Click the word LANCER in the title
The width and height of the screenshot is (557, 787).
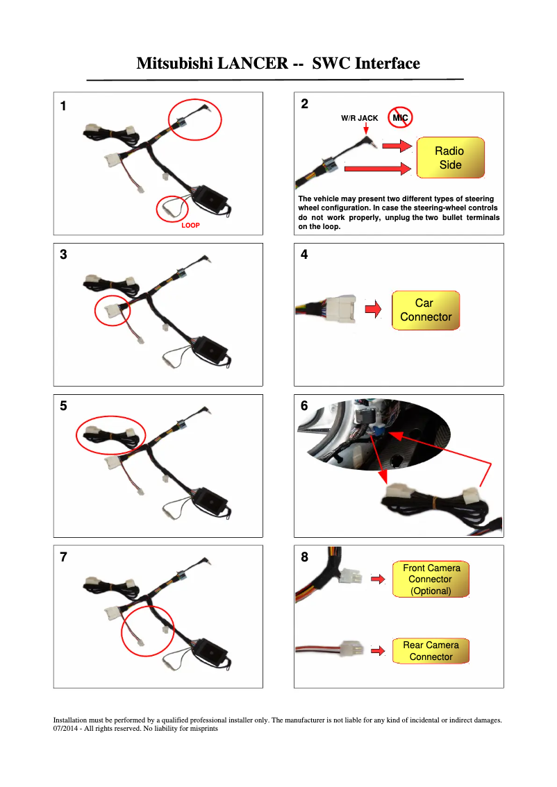pos(252,64)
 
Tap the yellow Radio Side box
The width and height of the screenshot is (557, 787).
pos(450,158)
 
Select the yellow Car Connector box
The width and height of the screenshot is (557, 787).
pos(425,310)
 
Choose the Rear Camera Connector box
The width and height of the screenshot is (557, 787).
pos(431,651)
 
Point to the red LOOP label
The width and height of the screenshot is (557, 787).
pos(190,226)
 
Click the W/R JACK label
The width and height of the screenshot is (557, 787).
pos(359,118)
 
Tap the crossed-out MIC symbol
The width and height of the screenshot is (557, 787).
pos(400,118)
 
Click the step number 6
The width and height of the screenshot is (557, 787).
pos(304,407)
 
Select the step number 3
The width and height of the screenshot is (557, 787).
pos(64,255)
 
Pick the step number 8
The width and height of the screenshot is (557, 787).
pos(304,557)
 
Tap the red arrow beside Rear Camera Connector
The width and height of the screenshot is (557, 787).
pos(378,651)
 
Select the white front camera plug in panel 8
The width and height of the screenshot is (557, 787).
pos(351,577)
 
